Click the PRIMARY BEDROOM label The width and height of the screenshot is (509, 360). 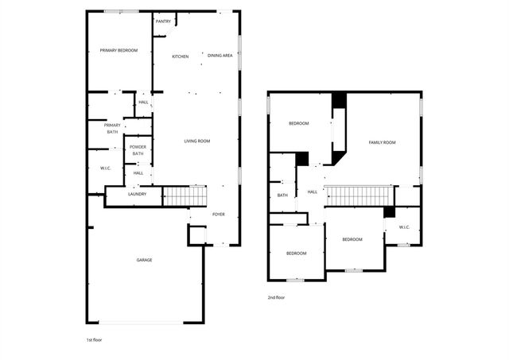(119, 51)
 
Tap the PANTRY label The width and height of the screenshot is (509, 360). (163, 21)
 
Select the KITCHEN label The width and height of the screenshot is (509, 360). (181, 56)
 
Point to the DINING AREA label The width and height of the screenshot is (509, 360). (220, 56)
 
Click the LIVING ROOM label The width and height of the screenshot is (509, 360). (196, 141)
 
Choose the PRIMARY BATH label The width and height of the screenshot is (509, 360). (111, 128)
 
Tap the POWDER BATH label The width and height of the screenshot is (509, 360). (138, 150)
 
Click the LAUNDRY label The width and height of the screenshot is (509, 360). (136, 194)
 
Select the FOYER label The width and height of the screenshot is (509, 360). (218, 215)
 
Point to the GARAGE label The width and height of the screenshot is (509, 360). (144, 260)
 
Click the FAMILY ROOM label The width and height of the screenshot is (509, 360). (382, 142)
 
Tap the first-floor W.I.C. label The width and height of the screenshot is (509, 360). (105, 168)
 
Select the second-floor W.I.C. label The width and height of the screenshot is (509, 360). (403, 228)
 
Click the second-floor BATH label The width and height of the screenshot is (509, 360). (282, 195)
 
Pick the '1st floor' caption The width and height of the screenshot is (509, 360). (94, 339)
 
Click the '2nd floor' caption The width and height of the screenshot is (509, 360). (276, 298)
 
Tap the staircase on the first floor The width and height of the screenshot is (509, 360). (185, 195)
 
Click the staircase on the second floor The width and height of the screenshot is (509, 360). (359, 195)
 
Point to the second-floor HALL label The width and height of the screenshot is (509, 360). (312, 192)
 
